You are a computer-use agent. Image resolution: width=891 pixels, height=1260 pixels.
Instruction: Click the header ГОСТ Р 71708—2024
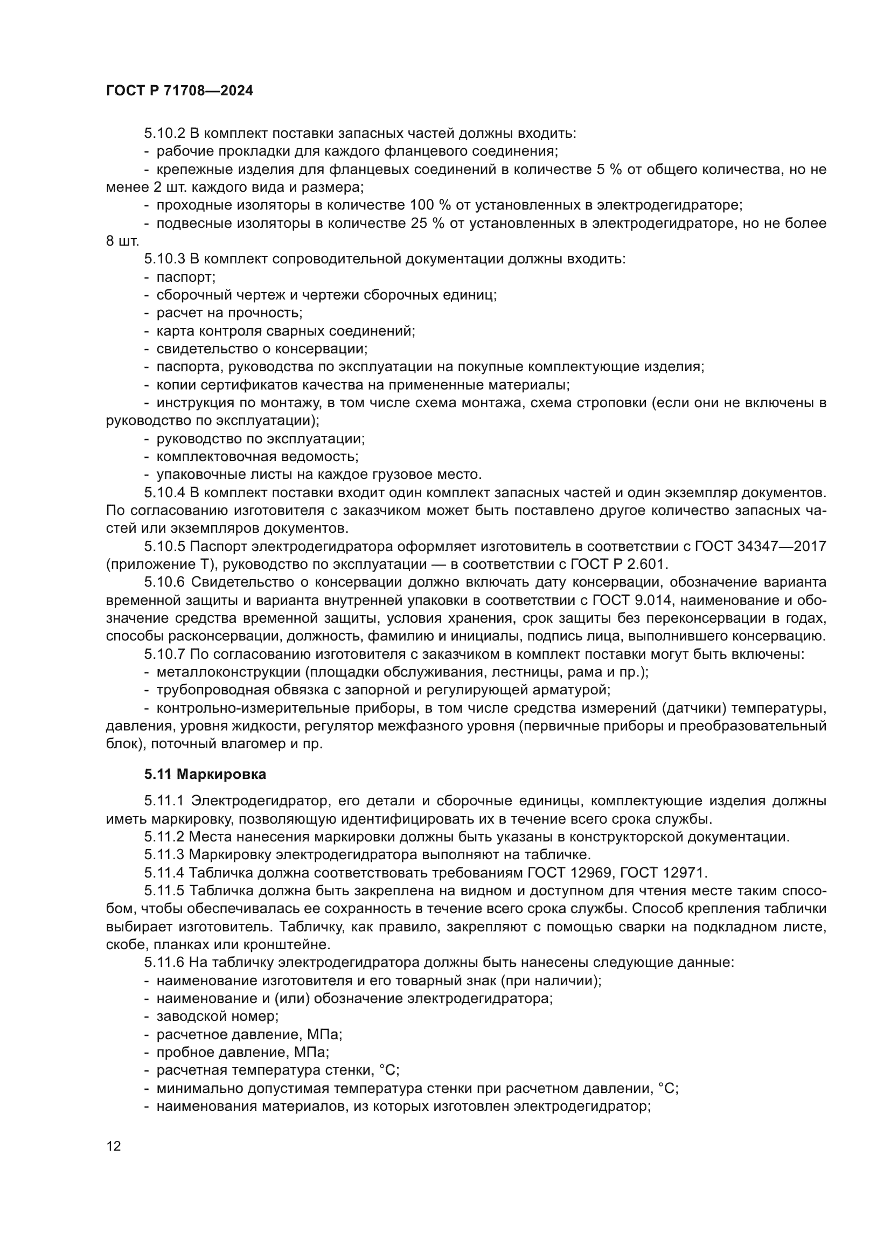179,91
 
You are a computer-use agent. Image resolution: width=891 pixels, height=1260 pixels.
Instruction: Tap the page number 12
114,1146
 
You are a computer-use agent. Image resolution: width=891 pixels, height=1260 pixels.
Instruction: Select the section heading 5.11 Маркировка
205,774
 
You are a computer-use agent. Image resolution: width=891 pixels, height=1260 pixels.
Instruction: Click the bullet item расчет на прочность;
229,313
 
